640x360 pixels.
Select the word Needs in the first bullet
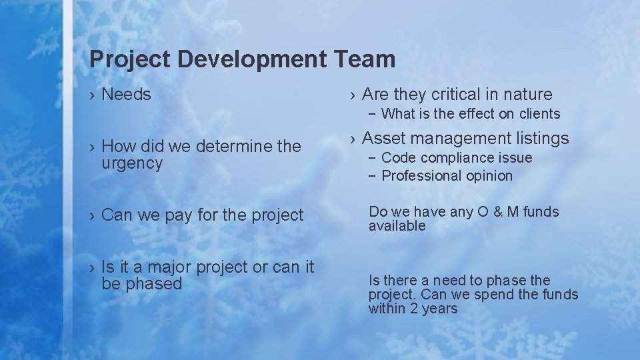point(126,95)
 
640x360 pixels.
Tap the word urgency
point(132,163)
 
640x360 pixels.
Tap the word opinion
point(490,176)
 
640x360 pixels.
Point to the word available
point(397,226)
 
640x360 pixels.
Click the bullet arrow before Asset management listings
point(353,139)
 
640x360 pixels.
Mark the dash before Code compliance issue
point(371,158)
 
